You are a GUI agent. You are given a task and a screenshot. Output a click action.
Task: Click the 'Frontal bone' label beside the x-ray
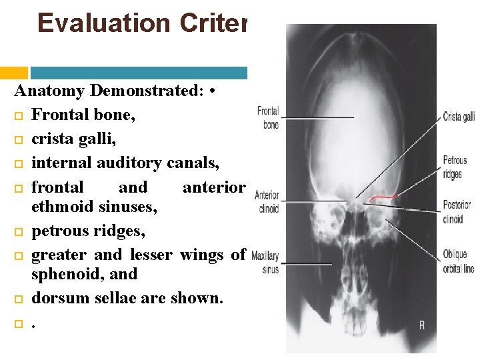(268, 117)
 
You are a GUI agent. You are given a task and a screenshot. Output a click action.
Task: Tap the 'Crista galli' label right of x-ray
(459, 117)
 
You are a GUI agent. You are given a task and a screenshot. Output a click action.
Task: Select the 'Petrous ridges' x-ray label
(455, 167)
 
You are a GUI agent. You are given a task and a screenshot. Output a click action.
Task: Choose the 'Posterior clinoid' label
(457, 211)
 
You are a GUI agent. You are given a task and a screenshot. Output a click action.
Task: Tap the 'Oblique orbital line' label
(459, 262)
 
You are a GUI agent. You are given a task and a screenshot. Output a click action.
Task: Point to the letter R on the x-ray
(422, 325)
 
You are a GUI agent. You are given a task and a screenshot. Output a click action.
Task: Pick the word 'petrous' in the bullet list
(59, 231)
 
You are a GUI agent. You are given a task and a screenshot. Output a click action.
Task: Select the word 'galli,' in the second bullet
(101, 139)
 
